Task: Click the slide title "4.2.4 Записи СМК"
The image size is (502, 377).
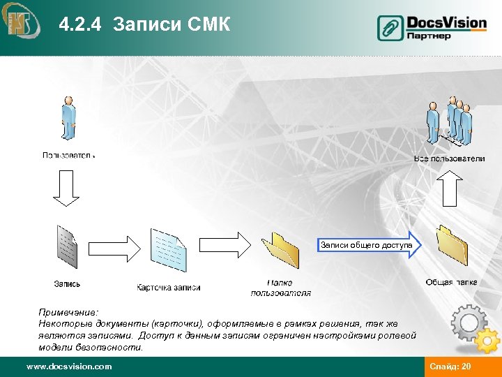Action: coord(144,26)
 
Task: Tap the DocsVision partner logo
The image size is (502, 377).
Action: coord(432,28)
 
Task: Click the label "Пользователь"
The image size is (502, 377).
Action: coord(68,155)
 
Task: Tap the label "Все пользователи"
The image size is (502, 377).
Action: coord(449,158)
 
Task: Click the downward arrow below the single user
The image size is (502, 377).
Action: coord(68,188)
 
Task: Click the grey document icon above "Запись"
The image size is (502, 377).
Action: coord(66,247)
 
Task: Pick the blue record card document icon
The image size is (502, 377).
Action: coord(169,251)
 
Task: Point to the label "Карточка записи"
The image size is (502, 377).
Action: coord(169,288)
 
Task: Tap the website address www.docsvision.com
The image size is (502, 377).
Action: coord(68,367)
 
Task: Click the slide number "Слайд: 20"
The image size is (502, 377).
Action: coord(450,367)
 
